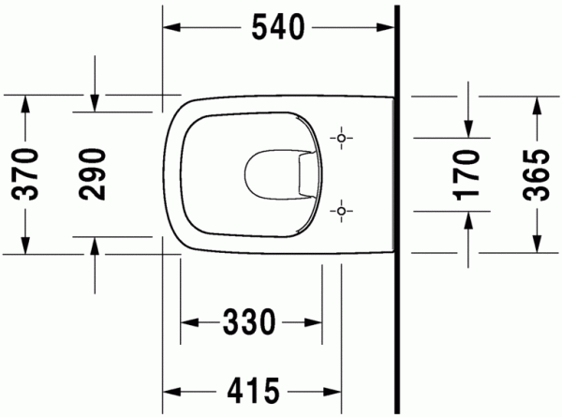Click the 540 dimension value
point(277,29)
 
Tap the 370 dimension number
point(25,174)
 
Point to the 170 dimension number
point(468,174)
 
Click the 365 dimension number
point(536,174)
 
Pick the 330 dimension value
point(249,323)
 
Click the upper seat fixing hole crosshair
point(343,139)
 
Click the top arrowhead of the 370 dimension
point(25,102)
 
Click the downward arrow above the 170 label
point(468,127)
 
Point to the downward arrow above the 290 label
point(94,102)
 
